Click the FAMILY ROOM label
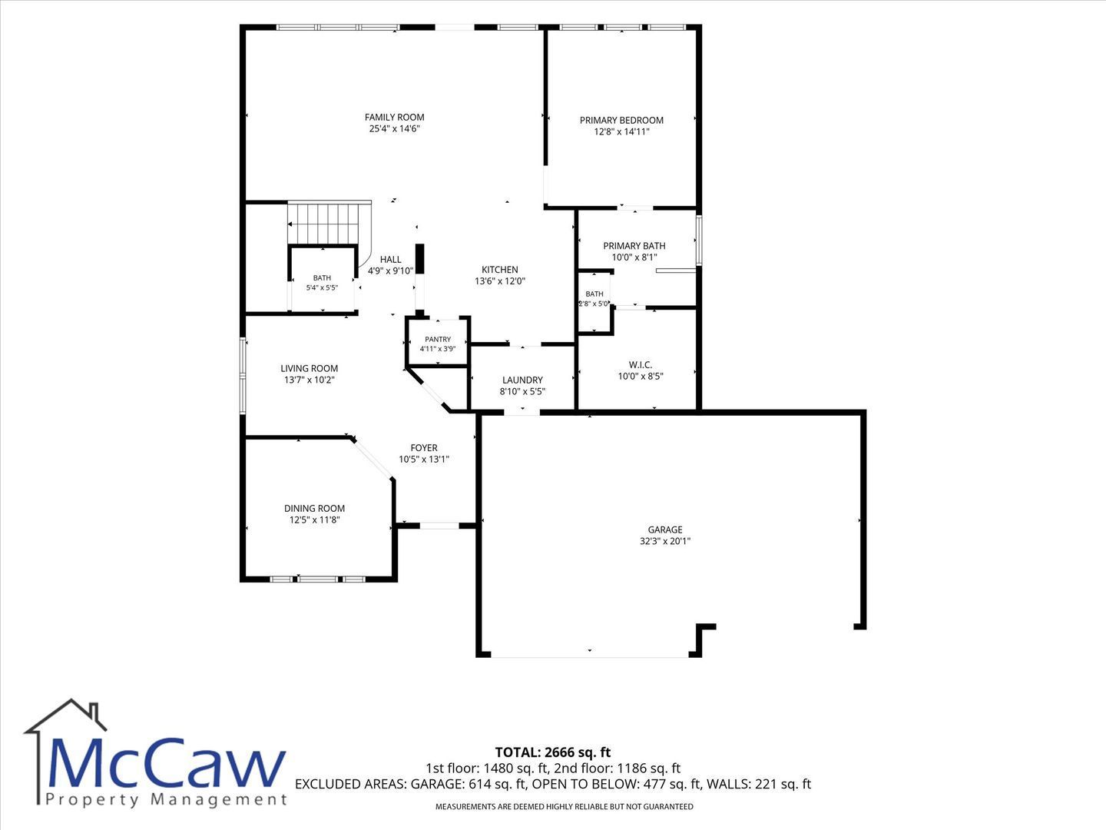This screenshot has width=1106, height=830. tap(395, 118)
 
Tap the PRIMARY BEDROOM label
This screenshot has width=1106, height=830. tap(621, 121)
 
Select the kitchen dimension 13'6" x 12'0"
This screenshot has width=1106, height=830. tap(500, 281)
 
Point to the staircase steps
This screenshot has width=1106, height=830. tap(329, 223)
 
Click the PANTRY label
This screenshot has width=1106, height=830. tap(438, 340)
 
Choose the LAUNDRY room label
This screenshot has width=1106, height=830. tap(522, 380)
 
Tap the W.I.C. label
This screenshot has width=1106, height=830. tap(641, 365)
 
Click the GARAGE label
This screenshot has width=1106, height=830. tap(665, 530)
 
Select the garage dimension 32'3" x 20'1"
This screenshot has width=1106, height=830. tap(665, 541)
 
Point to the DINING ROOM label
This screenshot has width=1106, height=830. tap(314, 509)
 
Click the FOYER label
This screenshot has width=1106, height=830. tap(424, 448)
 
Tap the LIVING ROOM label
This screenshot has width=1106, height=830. tap(310, 368)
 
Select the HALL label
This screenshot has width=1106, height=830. tap(390, 260)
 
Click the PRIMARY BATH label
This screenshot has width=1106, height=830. tap(634, 246)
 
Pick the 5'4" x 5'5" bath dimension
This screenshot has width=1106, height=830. tap(322, 287)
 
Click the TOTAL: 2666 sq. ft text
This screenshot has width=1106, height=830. tap(553, 752)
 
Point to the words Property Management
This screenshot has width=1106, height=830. tap(166, 801)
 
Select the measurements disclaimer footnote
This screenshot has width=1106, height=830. tap(565, 807)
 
